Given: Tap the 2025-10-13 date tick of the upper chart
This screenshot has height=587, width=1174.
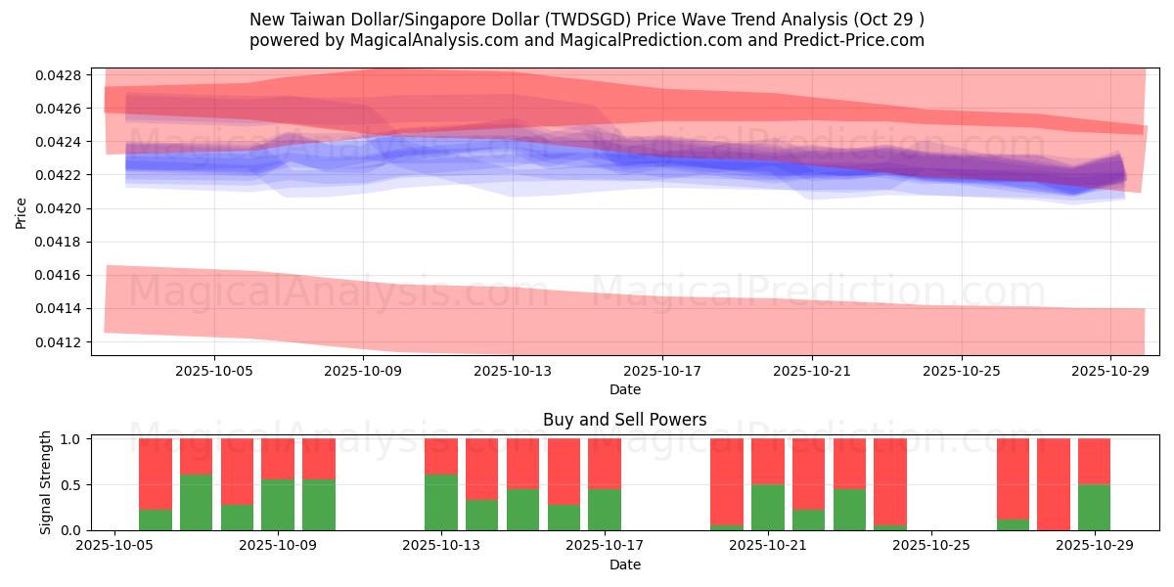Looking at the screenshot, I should (513, 372).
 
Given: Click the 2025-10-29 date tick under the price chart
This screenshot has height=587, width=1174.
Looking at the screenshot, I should (1110, 372).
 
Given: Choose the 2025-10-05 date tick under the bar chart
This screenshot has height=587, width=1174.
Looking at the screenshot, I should (115, 546).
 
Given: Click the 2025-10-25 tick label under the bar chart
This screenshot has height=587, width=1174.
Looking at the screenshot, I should (931, 546).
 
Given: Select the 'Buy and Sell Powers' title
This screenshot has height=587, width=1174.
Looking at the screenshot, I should (624, 420).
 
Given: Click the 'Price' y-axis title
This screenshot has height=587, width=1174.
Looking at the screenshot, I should (22, 212).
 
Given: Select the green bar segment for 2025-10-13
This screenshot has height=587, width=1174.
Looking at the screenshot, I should (441, 502).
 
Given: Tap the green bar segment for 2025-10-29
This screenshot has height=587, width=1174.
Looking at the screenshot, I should (1094, 507).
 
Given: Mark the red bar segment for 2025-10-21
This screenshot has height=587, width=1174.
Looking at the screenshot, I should (768, 461).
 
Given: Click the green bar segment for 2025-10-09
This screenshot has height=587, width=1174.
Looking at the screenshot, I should (278, 504).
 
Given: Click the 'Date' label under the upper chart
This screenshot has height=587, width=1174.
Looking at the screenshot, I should (624, 389).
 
